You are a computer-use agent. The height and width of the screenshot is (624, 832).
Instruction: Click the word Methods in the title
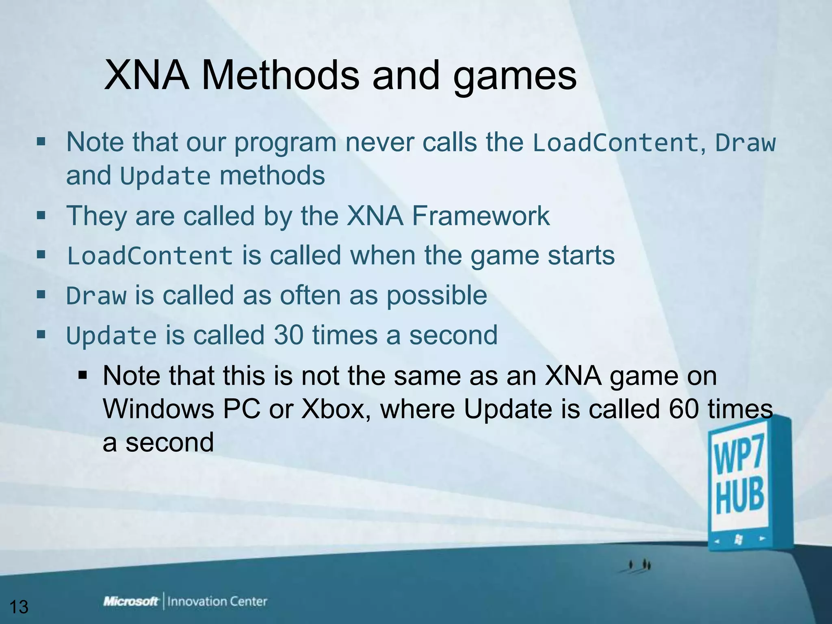pyautogui.click(x=280, y=75)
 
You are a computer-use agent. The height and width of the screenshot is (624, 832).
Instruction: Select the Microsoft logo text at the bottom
pyautogui.click(x=131, y=601)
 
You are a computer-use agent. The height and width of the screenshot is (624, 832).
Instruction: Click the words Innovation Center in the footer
pyautogui.click(x=217, y=601)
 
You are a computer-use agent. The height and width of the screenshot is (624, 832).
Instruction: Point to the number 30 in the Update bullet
pyautogui.click(x=288, y=335)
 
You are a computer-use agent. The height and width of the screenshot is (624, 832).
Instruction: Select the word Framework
pyautogui.click(x=481, y=216)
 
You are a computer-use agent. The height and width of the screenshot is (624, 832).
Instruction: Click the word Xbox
pyautogui.click(x=334, y=409)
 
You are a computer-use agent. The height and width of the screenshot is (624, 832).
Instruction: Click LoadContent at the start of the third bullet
pyautogui.click(x=149, y=256)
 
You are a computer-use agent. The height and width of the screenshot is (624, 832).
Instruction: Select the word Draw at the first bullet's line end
pyautogui.click(x=745, y=143)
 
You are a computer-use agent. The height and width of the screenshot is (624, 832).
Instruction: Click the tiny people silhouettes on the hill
pyautogui.click(x=639, y=565)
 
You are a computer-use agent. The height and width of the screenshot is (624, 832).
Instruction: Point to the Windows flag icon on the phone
pyautogui.click(x=739, y=539)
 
